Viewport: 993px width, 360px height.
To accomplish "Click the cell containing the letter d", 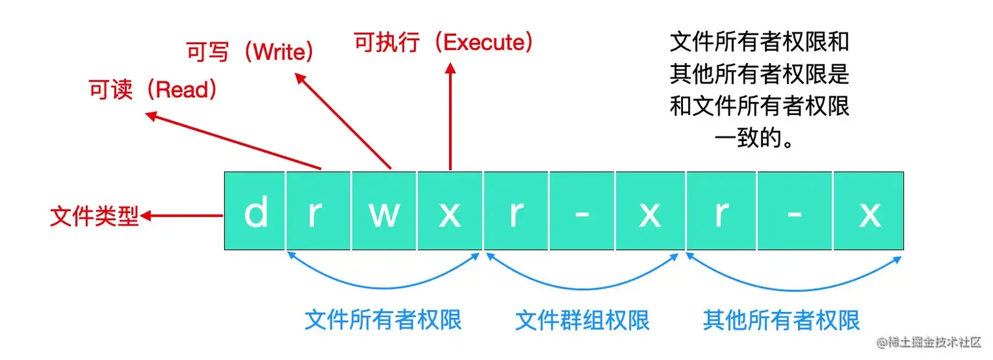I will (255, 212).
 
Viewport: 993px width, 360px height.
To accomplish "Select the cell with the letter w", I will (384, 212).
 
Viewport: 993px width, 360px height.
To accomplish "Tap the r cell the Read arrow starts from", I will (319, 212).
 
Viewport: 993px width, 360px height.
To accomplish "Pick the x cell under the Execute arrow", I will (450, 212).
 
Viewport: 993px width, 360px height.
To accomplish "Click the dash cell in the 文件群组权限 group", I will (582, 212).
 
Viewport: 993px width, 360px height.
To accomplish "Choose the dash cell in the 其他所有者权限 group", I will (795, 212).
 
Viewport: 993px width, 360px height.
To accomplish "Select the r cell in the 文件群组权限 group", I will (516, 212).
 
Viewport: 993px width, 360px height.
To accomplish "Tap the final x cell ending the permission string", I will (869, 212).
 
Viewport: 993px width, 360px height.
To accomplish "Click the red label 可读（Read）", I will (154, 91).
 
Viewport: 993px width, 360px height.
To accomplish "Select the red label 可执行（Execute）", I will (443, 43).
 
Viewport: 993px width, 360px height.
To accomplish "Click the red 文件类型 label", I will (95, 217).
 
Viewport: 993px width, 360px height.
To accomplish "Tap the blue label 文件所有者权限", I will (383, 320).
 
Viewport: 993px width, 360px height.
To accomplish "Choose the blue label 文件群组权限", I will (582, 320).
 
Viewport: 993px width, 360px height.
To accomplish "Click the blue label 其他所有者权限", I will (782, 320).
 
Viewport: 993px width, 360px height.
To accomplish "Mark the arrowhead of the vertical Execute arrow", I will (451, 68).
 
